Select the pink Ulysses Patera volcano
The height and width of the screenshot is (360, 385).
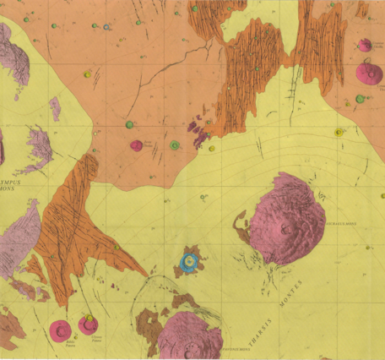(x=89, y=325)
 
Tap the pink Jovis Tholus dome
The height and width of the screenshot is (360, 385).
(x=136, y=145)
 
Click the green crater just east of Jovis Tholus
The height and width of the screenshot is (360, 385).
(x=174, y=145)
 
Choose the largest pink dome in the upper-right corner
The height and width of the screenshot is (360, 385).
(x=369, y=73)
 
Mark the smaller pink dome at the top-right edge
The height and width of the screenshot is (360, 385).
(x=365, y=45)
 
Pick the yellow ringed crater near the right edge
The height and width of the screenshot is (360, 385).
(x=339, y=132)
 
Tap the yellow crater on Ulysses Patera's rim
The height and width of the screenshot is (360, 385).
(x=90, y=317)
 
